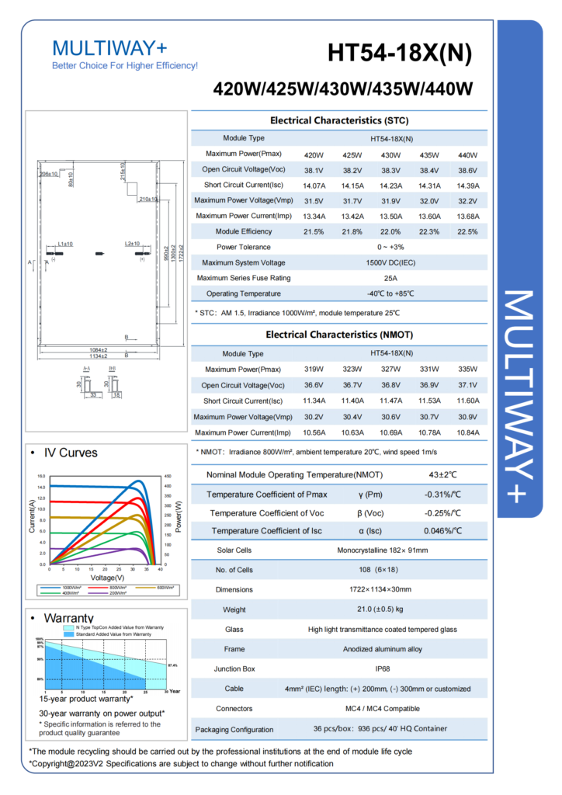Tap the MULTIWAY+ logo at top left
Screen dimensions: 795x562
click(109, 47)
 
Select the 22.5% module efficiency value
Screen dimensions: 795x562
click(467, 231)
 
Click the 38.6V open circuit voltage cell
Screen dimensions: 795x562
click(467, 169)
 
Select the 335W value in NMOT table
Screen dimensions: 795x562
click(467, 370)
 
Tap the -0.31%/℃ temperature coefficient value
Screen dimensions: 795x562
click(443, 495)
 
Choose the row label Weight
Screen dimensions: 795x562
click(234, 609)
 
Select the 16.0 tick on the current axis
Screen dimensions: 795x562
click(42, 476)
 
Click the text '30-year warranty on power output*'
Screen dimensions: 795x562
click(102, 712)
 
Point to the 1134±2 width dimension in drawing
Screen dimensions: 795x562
click(98, 356)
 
